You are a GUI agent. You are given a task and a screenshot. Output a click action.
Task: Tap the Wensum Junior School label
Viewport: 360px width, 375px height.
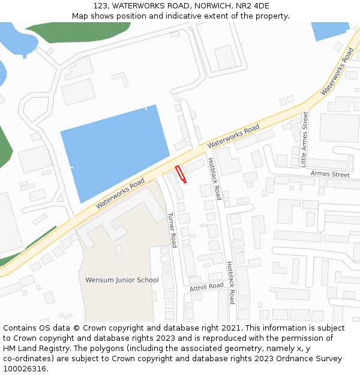(x=122, y=280)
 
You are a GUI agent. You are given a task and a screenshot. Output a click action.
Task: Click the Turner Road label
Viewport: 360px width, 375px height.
(x=172, y=230)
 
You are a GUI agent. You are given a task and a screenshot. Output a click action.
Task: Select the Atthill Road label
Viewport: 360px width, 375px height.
(x=206, y=287)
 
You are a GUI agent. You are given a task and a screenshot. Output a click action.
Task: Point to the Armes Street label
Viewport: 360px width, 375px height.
(x=330, y=175)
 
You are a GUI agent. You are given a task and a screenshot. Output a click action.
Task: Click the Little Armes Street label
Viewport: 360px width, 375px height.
(x=304, y=139)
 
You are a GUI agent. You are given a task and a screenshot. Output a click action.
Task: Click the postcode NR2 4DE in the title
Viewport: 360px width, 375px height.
(x=254, y=5)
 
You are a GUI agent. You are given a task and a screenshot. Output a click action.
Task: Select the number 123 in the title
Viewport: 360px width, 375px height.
(x=101, y=5)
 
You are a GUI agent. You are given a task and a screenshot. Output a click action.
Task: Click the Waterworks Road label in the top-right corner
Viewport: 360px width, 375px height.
(x=338, y=71)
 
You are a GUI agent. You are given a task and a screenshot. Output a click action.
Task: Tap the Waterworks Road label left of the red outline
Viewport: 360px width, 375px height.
(x=120, y=192)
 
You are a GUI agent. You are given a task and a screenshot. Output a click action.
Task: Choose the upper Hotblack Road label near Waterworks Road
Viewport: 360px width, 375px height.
(x=214, y=179)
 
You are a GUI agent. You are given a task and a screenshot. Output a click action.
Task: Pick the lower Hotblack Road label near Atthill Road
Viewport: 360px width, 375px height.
(x=230, y=283)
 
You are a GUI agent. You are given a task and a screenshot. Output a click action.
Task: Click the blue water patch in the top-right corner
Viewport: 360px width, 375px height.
(x=329, y=30)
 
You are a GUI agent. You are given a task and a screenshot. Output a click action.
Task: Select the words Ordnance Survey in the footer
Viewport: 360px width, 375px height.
(x=310, y=359)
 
